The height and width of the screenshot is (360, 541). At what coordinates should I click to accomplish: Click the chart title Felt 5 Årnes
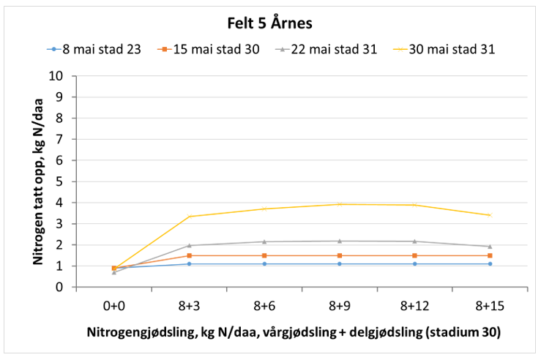[271, 23]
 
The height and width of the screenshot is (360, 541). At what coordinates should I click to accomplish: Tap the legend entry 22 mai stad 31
[325, 50]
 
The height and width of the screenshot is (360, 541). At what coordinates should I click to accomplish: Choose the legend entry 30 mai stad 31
[441, 50]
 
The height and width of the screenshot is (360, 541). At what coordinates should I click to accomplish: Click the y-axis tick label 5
[65, 181]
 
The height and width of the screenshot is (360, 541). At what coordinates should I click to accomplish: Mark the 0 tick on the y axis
[65, 288]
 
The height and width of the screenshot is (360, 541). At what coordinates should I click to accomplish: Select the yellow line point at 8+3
[189, 217]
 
